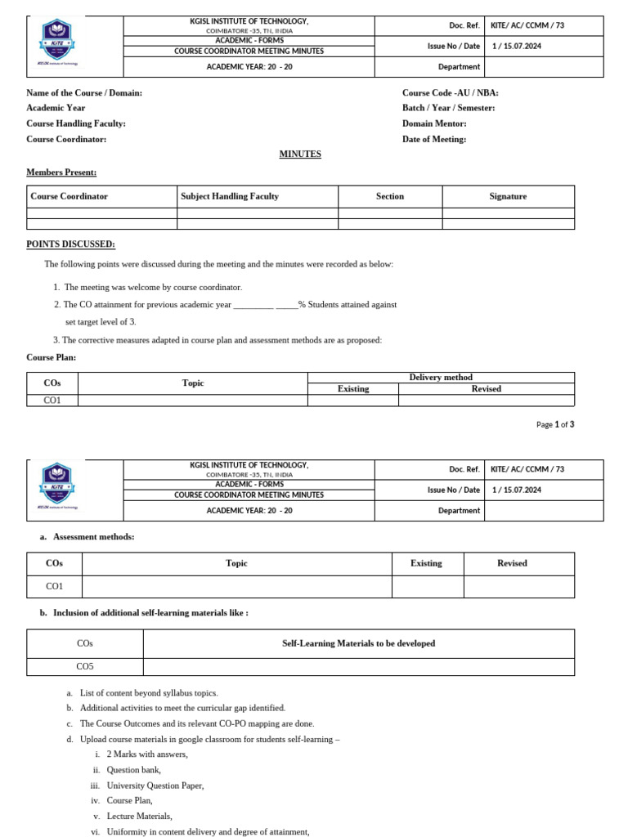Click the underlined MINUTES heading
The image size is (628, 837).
(300, 154)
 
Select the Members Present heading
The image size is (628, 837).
(61, 172)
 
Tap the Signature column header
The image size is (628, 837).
(508, 196)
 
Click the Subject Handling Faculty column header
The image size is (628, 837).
(230, 196)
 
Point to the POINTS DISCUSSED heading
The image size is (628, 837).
(71, 244)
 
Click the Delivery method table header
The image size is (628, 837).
(441, 377)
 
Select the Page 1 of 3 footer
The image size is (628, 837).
(555, 424)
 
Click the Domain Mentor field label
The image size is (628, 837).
(434, 123)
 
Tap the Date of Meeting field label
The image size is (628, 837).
(434, 139)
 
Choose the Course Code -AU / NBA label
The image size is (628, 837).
(450, 92)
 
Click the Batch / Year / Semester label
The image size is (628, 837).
(448, 108)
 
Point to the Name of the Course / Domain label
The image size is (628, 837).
(84, 92)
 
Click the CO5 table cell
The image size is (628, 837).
(85, 666)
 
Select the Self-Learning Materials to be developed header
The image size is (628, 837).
(358, 643)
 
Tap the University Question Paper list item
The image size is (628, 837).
(155, 785)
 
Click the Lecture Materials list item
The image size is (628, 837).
(139, 816)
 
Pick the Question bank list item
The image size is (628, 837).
(133, 769)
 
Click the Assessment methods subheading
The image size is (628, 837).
(93, 536)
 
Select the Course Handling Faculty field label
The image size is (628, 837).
(76, 123)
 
